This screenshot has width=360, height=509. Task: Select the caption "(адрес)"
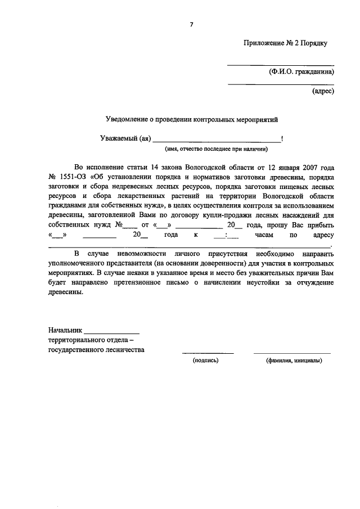pyautogui.click(x=323, y=90)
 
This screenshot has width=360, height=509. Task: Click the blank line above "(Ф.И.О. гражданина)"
pyautogui.click(x=280, y=65)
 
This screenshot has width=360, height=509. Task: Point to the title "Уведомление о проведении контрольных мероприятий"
pyautogui.click(x=192, y=120)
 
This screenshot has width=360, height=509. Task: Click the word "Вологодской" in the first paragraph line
pyautogui.click(x=206, y=167)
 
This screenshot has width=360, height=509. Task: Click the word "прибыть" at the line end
pyautogui.click(x=321, y=226)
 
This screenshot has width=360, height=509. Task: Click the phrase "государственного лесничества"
pyautogui.click(x=96, y=349)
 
